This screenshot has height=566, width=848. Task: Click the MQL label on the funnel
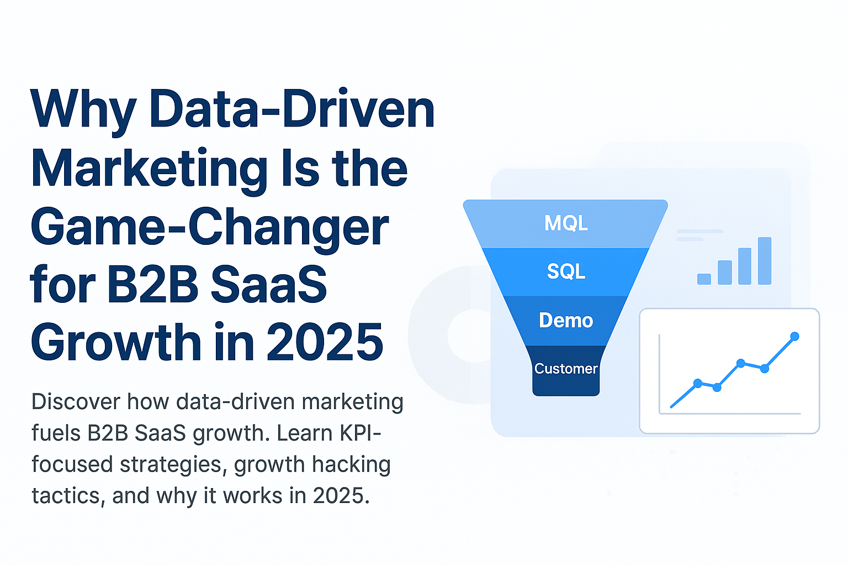click(x=566, y=223)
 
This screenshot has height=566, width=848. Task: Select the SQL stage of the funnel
click(x=566, y=271)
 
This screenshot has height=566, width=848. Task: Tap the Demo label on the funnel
click(x=566, y=321)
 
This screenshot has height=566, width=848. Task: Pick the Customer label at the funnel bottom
click(x=566, y=369)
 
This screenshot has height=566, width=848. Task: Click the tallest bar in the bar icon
click(x=765, y=261)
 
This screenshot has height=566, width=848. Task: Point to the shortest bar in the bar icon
click(x=704, y=279)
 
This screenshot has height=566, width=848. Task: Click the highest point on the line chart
click(x=794, y=336)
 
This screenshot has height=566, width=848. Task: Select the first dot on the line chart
click(x=698, y=383)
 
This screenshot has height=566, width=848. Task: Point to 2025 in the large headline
click(x=325, y=343)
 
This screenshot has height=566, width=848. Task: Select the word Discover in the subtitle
click(x=76, y=402)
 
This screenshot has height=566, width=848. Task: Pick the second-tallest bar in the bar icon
click(x=745, y=266)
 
